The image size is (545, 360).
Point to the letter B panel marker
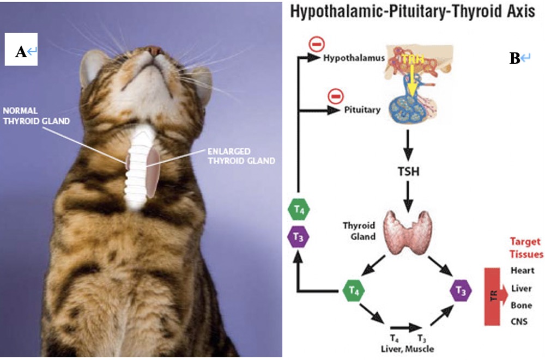point(514,59)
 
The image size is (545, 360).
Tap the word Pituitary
point(362,110)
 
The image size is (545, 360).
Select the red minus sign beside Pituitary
point(335,97)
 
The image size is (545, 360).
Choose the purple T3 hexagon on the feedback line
point(298,236)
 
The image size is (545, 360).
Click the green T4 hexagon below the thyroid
point(352,292)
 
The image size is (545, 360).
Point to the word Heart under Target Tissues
point(522,271)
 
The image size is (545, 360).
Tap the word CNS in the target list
point(519,321)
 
